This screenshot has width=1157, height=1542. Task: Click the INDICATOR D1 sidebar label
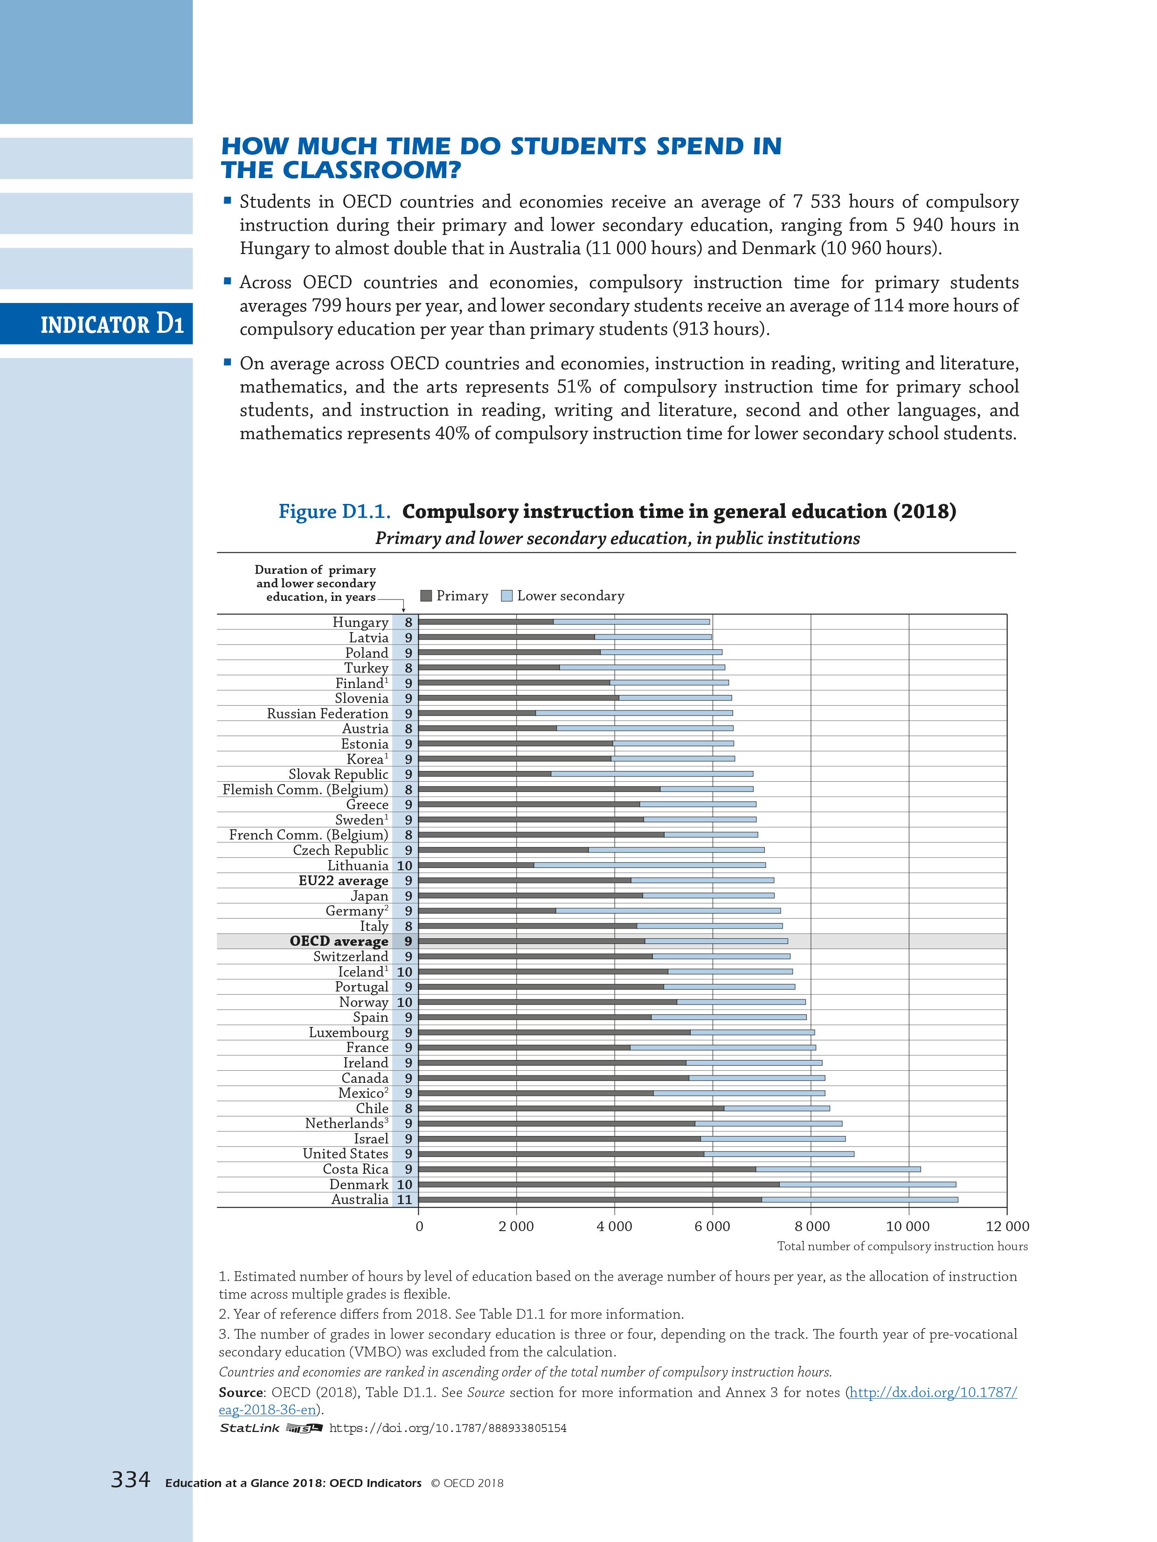pyautogui.click(x=111, y=325)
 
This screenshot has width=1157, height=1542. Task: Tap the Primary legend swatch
pyautogui.click(x=426, y=596)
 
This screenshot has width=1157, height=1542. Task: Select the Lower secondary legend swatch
pyautogui.click(x=507, y=596)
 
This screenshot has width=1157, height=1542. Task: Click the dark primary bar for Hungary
pyautogui.click(x=486, y=622)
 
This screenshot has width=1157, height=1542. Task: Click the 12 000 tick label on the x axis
pyautogui.click(x=1007, y=1227)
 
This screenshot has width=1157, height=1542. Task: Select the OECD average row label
pyautogui.click(x=339, y=942)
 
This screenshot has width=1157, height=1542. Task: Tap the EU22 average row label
pyautogui.click(x=343, y=881)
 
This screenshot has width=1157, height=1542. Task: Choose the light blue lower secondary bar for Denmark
pyautogui.click(x=867, y=1184)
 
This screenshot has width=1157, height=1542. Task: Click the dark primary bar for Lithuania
pyautogui.click(x=476, y=866)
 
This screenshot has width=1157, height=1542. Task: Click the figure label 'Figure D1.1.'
pyautogui.click(x=334, y=512)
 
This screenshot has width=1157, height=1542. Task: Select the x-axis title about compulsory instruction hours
pyautogui.click(x=902, y=1246)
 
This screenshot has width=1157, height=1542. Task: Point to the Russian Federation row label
pyautogui.click(x=327, y=714)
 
